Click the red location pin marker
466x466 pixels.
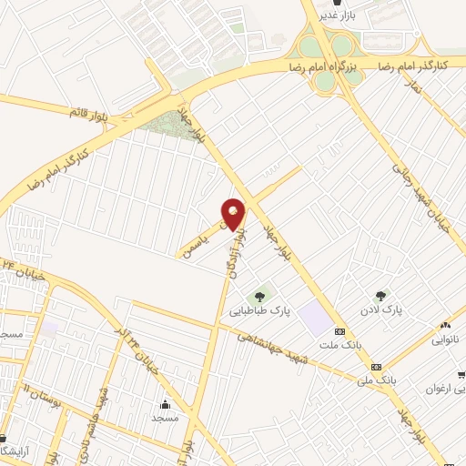point(233,213)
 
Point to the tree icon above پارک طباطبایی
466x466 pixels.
point(261,296)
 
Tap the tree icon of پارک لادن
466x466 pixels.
point(382,294)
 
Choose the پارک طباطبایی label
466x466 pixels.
point(279,311)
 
